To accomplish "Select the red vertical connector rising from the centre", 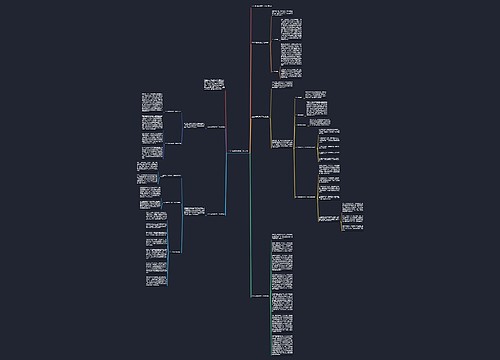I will pyautogui.click(x=250, y=80).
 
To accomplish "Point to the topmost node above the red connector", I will pyautogui.click(x=258, y=8).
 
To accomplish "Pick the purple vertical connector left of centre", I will pyautogui.click(x=226, y=110).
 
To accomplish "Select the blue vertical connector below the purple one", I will pyautogui.click(x=226, y=185).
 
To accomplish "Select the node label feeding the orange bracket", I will pyautogui.click(x=260, y=43).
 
